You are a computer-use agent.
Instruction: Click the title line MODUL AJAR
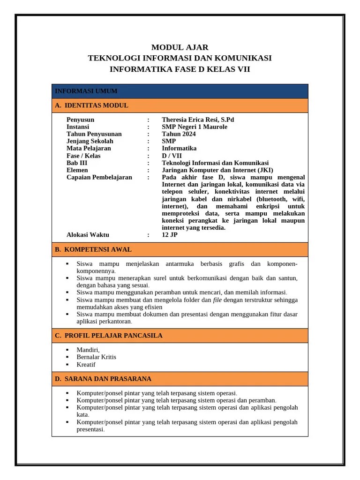(180, 47)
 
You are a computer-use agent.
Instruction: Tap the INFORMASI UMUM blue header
(86, 91)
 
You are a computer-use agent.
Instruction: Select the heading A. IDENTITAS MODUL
(91, 105)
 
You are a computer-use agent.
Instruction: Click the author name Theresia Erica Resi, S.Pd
(198, 120)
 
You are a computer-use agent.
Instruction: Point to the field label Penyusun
(80, 120)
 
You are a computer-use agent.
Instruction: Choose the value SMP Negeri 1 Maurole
(195, 127)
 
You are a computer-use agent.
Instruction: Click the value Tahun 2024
(179, 134)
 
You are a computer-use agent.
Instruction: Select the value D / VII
(172, 156)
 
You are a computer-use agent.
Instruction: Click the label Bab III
(77, 163)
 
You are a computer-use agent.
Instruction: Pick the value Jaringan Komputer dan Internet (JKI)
(217, 170)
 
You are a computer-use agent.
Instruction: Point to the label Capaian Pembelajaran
(99, 177)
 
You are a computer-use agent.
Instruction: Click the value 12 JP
(170, 235)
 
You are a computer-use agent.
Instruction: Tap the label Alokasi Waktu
(88, 235)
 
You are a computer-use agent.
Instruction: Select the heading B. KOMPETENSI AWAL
(93, 249)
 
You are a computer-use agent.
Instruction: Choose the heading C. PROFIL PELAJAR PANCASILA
(109, 336)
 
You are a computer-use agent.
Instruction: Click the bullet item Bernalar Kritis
(96, 357)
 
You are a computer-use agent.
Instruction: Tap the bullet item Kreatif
(86, 364)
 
